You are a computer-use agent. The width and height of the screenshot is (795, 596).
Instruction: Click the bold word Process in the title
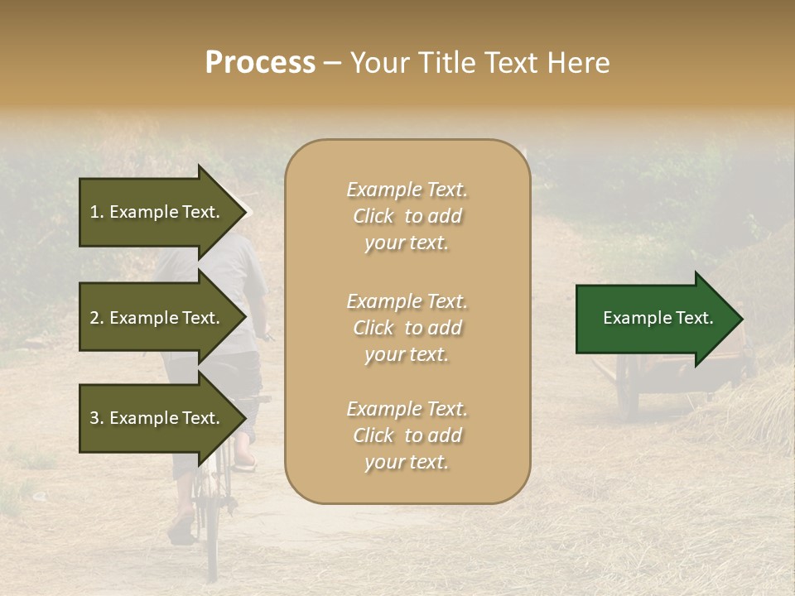click(x=260, y=63)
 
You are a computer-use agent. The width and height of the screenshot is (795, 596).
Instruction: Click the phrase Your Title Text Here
click(x=479, y=63)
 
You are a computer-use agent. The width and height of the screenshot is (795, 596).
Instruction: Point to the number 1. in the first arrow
click(x=97, y=212)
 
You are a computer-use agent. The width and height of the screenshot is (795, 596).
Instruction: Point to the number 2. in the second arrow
click(x=97, y=318)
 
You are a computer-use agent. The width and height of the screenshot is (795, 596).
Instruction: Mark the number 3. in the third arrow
click(x=97, y=418)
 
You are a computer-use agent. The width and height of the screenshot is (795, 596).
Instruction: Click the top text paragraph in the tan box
click(x=407, y=216)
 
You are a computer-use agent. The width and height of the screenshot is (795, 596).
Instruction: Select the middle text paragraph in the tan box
click(x=407, y=328)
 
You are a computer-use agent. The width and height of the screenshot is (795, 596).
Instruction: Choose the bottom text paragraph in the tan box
click(x=407, y=435)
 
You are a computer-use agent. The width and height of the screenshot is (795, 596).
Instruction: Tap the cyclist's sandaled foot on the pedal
click(x=244, y=462)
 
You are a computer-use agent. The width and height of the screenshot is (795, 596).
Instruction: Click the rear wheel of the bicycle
click(x=210, y=530)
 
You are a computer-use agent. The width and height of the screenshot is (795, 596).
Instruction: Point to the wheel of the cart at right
click(x=627, y=389)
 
